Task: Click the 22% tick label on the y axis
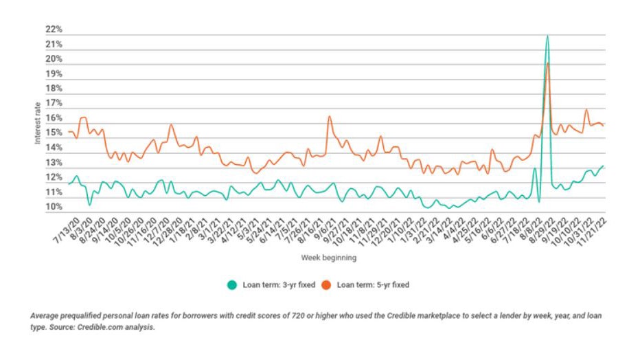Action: click(55, 30)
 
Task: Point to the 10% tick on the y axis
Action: click(55, 207)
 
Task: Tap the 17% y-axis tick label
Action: click(55, 104)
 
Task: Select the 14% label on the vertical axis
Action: click(55, 148)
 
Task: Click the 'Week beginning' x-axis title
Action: click(328, 258)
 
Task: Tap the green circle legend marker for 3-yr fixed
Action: click(231, 284)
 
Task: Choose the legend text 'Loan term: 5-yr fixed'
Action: click(371, 284)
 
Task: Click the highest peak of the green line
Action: click(547, 36)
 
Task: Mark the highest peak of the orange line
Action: click(547, 63)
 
